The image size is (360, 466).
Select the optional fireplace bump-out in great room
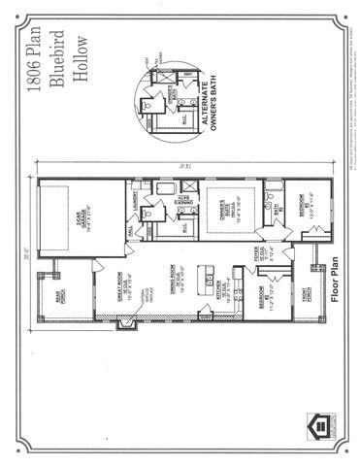pos(123,319)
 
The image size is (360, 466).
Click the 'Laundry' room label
pos(132,200)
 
